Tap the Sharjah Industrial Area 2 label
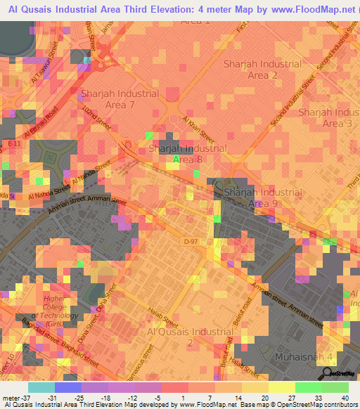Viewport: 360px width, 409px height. pyautogui.click(x=262, y=69)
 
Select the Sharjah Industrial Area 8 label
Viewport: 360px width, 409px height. pyautogui.click(x=188, y=155)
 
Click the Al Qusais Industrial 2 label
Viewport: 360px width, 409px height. pyautogui.click(x=189, y=337)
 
